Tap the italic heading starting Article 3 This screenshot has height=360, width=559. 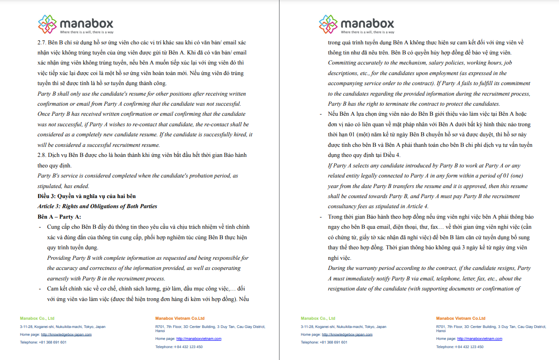[97, 206]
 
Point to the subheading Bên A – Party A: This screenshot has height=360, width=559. [59, 217]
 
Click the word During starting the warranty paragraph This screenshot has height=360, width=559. [337, 268]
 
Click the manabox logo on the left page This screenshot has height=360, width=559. [75, 24]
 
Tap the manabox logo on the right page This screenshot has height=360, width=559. [356, 24]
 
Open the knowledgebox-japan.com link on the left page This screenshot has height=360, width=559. [66, 334]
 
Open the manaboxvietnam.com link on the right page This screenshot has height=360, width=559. [479, 339]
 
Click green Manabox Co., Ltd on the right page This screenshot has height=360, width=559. [318, 318]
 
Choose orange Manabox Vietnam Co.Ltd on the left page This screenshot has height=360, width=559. [180, 318]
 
